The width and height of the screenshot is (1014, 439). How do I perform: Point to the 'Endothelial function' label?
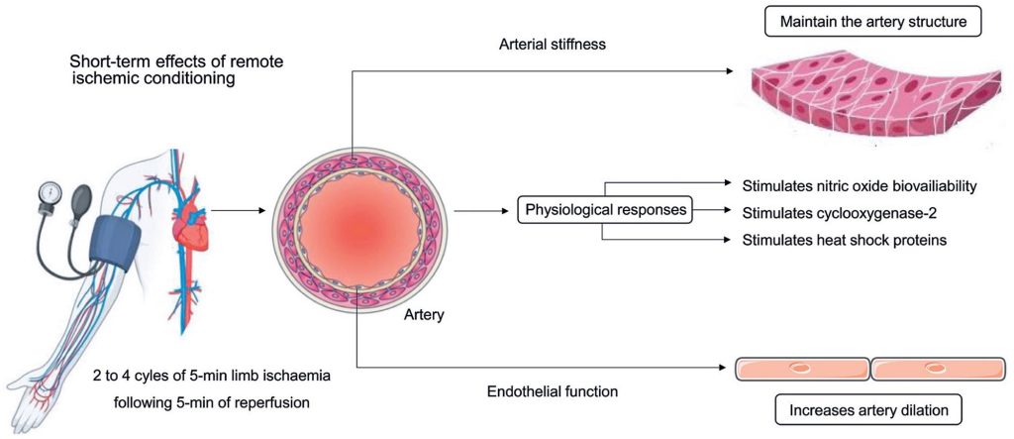tap(553, 391)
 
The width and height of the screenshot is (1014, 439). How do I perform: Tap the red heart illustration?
tap(187, 234)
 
